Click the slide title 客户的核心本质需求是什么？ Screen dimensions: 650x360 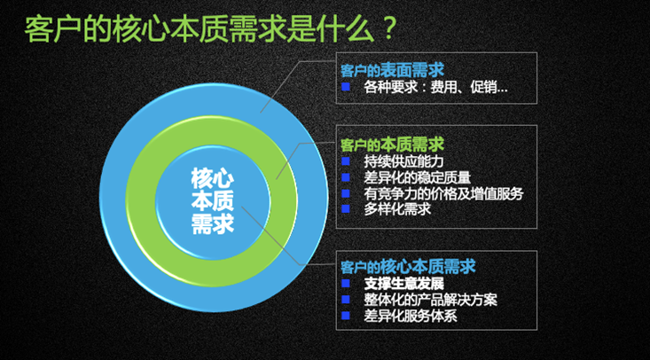coord(211,29)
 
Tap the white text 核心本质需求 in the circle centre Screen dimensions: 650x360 coord(213,201)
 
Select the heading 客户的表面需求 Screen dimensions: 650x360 coord(392,71)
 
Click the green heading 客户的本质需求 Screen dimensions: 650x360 coord(392,145)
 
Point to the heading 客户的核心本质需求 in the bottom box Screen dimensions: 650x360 coord(408,267)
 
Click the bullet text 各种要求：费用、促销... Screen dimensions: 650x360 coord(435,88)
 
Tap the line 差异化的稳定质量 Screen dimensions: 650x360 coord(418,177)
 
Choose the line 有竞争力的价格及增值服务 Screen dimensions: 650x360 coord(443,193)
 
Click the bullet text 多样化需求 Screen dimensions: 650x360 coord(397,209)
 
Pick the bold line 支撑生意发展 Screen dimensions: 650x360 coord(404,284)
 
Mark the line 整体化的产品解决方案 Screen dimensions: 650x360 coord(430,300)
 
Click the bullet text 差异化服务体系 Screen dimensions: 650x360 coord(411,316)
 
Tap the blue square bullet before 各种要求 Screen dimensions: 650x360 coord(346,87)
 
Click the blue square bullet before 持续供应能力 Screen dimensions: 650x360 coord(346,160)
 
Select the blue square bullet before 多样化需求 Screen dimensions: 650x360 coord(346,208)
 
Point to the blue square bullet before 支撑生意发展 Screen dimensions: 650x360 coord(346,283)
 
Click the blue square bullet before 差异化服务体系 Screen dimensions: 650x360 coord(346,315)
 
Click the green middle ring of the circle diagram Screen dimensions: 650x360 coord(142,201)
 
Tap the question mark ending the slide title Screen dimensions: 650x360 coord(388,29)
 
